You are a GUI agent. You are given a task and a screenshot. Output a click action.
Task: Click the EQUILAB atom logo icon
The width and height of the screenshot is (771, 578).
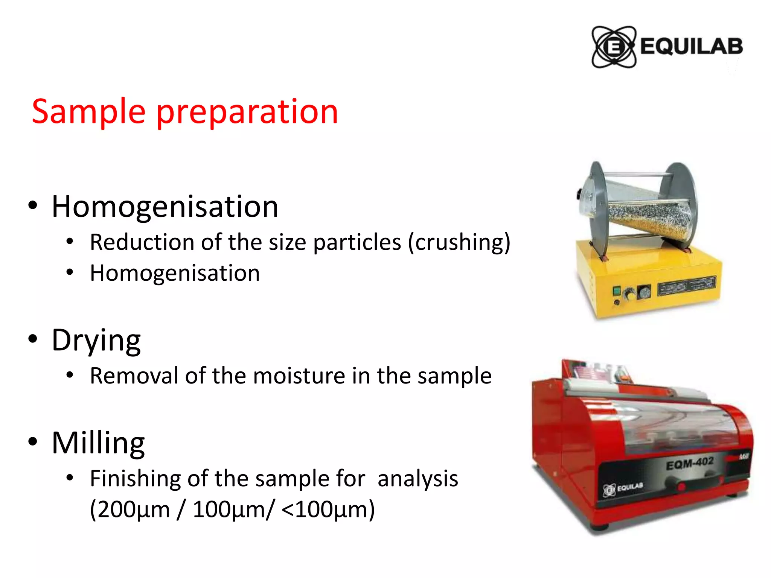614,47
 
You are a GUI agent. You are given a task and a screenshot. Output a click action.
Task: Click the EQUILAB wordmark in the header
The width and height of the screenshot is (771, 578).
691,47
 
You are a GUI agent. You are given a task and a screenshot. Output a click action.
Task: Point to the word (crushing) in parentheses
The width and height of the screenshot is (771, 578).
459,242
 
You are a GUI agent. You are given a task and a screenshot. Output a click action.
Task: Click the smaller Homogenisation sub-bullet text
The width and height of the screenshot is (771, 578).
175,273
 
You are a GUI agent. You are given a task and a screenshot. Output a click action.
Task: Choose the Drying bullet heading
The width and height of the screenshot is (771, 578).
96,340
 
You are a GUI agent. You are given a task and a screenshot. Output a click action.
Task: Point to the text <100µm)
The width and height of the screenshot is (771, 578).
328,510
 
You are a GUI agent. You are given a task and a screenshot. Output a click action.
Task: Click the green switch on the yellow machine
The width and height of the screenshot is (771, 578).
617,291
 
